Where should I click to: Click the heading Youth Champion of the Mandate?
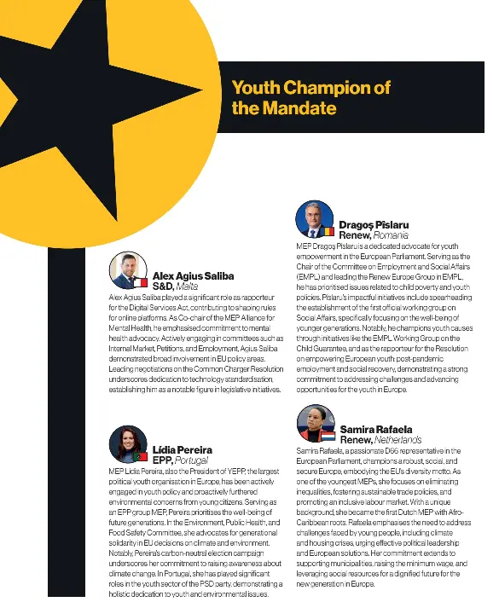click(x=310, y=98)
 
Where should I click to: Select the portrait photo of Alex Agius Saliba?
click(x=129, y=269)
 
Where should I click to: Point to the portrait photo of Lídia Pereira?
click(x=128, y=443)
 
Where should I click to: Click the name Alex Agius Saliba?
click(x=193, y=276)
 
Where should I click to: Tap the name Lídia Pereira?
click(x=183, y=449)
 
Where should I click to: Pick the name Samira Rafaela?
click(x=375, y=429)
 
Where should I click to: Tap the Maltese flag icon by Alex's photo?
click(x=144, y=282)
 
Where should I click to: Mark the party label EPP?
click(x=163, y=460)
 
